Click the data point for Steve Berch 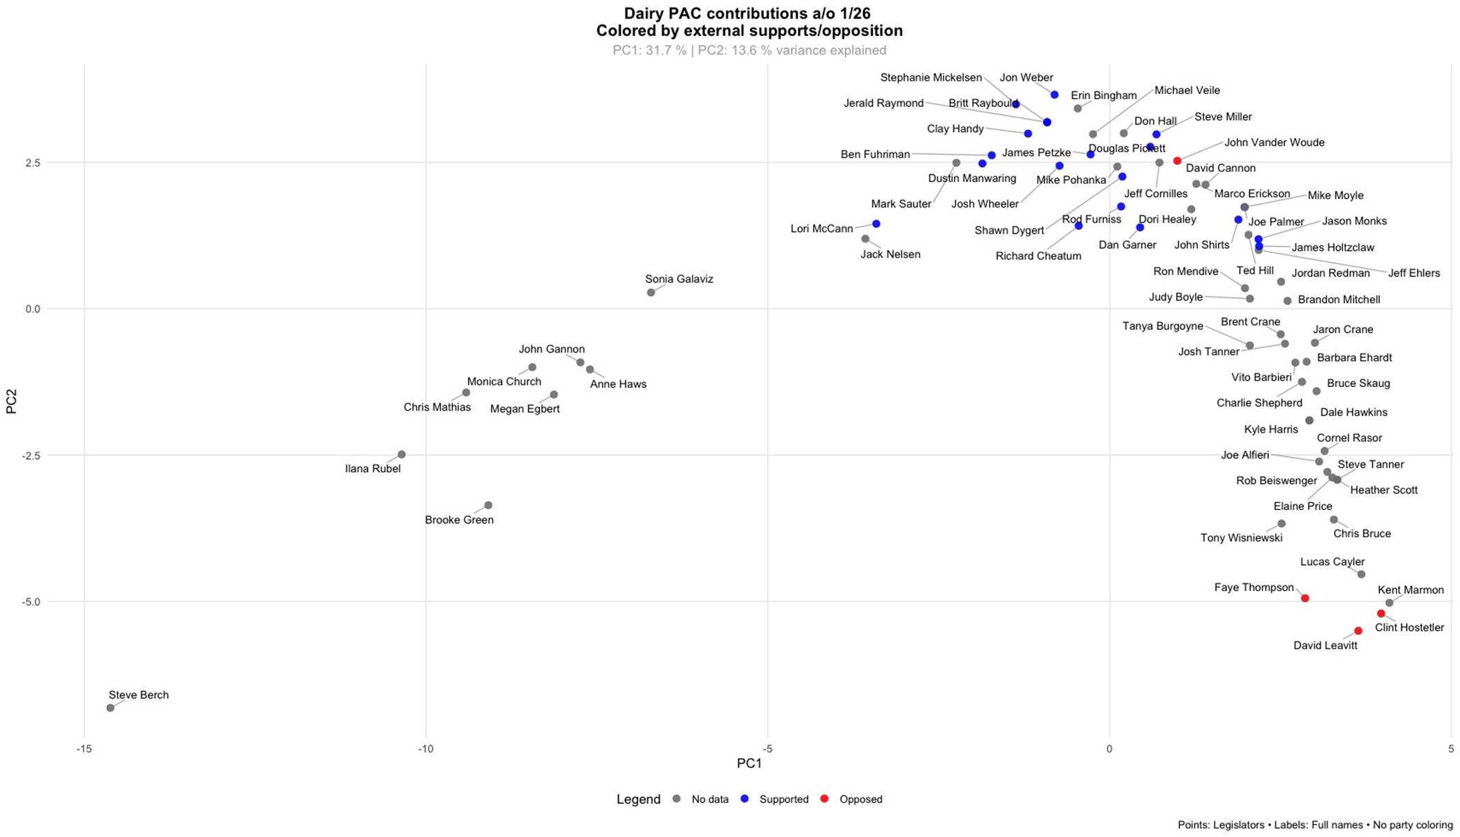click(x=110, y=708)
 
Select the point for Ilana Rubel click(x=402, y=455)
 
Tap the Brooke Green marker click(x=488, y=505)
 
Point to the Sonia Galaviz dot click(x=651, y=292)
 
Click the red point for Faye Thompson click(x=1305, y=598)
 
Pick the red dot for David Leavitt click(x=1358, y=631)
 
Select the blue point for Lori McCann click(x=876, y=224)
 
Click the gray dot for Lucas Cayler click(x=1362, y=574)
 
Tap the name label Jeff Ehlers click(x=1414, y=273)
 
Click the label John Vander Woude click(x=1274, y=142)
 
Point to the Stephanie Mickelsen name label click(x=930, y=77)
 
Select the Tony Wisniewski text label click(x=1242, y=538)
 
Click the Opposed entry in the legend click(x=861, y=799)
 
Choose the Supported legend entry click(x=783, y=799)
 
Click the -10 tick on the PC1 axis click(x=426, y=749)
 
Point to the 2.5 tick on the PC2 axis click(x=32, y=162)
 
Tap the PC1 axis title click(x=749, y=763)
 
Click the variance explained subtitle click(x=749, y=50)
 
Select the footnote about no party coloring click(x=1315, y=825)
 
